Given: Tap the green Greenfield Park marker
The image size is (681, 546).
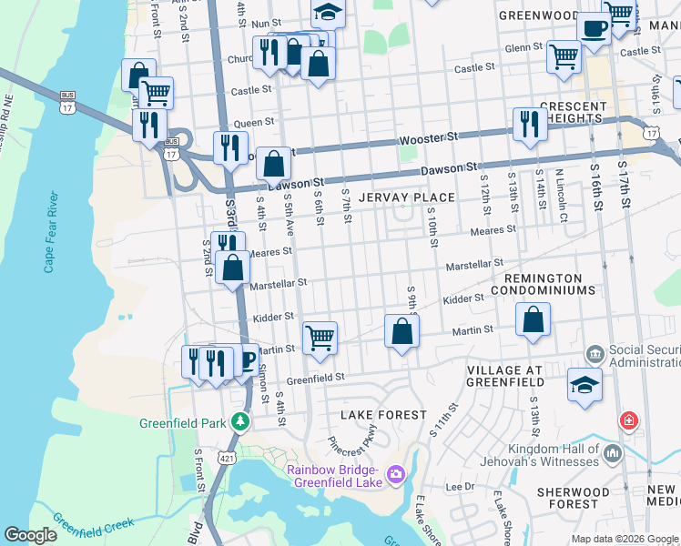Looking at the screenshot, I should [x=240, y=421].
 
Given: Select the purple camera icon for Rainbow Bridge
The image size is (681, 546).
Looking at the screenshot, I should [x=395, y=474].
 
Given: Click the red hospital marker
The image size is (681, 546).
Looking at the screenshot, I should [x=628, y=421].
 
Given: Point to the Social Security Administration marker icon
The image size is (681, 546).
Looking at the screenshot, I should [x=595, y=352].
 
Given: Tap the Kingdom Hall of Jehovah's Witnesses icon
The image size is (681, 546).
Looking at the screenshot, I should [x=611, y=451].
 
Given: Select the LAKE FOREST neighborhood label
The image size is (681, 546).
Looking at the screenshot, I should [x=382, y=415].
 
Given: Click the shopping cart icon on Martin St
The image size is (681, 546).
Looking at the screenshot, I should [x=320, y=337].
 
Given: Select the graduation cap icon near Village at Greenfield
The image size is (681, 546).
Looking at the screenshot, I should [x=584, y=383].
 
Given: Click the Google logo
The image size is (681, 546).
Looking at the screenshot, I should [x=30, y=535].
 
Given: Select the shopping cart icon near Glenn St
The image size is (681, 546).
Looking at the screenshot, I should [x=564, y=56].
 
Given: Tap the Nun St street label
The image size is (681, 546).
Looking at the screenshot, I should [x=267, y=23].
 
